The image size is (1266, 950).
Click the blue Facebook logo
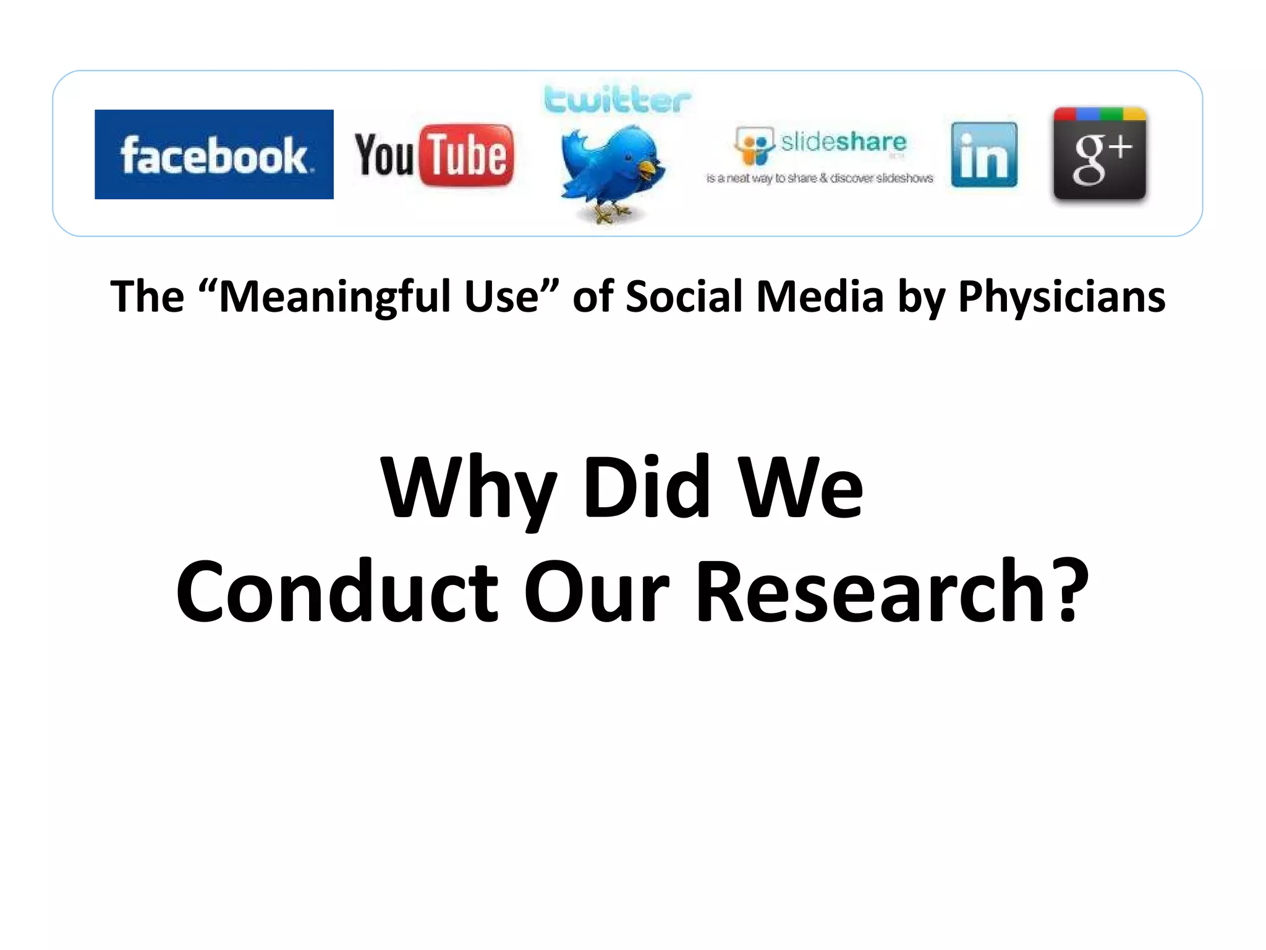214,155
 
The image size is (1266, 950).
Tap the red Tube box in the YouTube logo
467,155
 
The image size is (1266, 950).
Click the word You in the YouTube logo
384,155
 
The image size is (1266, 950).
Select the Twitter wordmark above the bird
617,100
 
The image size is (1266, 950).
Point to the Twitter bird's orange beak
647,168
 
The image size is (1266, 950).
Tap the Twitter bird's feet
609,213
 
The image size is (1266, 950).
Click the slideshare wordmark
843,142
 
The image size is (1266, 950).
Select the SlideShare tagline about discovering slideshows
820,178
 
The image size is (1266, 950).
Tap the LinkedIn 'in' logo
984,155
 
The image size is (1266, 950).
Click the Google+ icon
1100,154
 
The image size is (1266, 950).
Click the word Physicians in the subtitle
1061,297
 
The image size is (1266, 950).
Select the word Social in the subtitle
683,297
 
